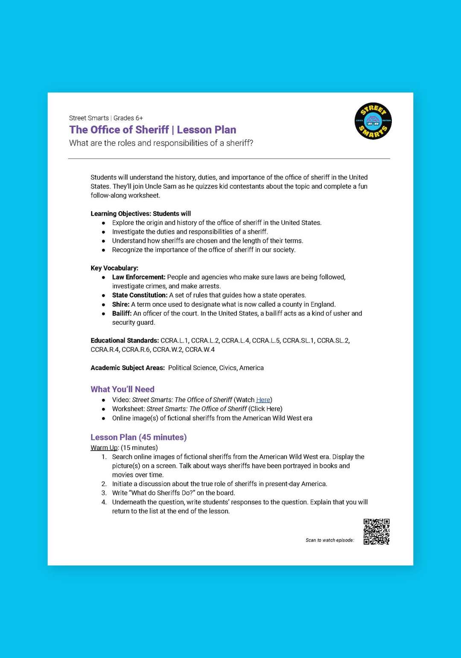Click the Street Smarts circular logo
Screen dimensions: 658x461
tap(373, 121)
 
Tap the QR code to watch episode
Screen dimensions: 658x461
tap(376, 532)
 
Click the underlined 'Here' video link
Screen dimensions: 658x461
tap(263, 400)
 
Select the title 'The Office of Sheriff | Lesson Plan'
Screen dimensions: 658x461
tap(152, 130)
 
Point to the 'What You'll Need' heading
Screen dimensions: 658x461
tap(123, 389)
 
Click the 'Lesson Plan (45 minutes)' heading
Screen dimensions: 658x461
tap(138, 437)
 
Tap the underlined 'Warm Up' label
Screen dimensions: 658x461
tap(104, 448)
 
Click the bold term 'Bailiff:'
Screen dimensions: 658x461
tap(122, 313)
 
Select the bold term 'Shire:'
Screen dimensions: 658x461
tap(121, 304)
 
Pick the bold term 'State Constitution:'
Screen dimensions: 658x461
tap(140, 295)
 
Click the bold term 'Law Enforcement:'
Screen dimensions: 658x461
tap(138, 277)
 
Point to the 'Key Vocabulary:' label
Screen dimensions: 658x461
tap(114, 268)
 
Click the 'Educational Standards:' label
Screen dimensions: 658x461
tap(125, 341)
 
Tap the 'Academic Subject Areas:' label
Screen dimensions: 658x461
tap(128, 368)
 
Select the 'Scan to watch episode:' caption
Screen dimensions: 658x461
tap(330, 540)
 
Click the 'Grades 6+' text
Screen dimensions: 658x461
tap(128, 118)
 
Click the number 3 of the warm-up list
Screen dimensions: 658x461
tap(104, 493)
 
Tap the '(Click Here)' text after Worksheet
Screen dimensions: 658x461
tap(266, 409)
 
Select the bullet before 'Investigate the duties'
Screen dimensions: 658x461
tap(103, 232)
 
